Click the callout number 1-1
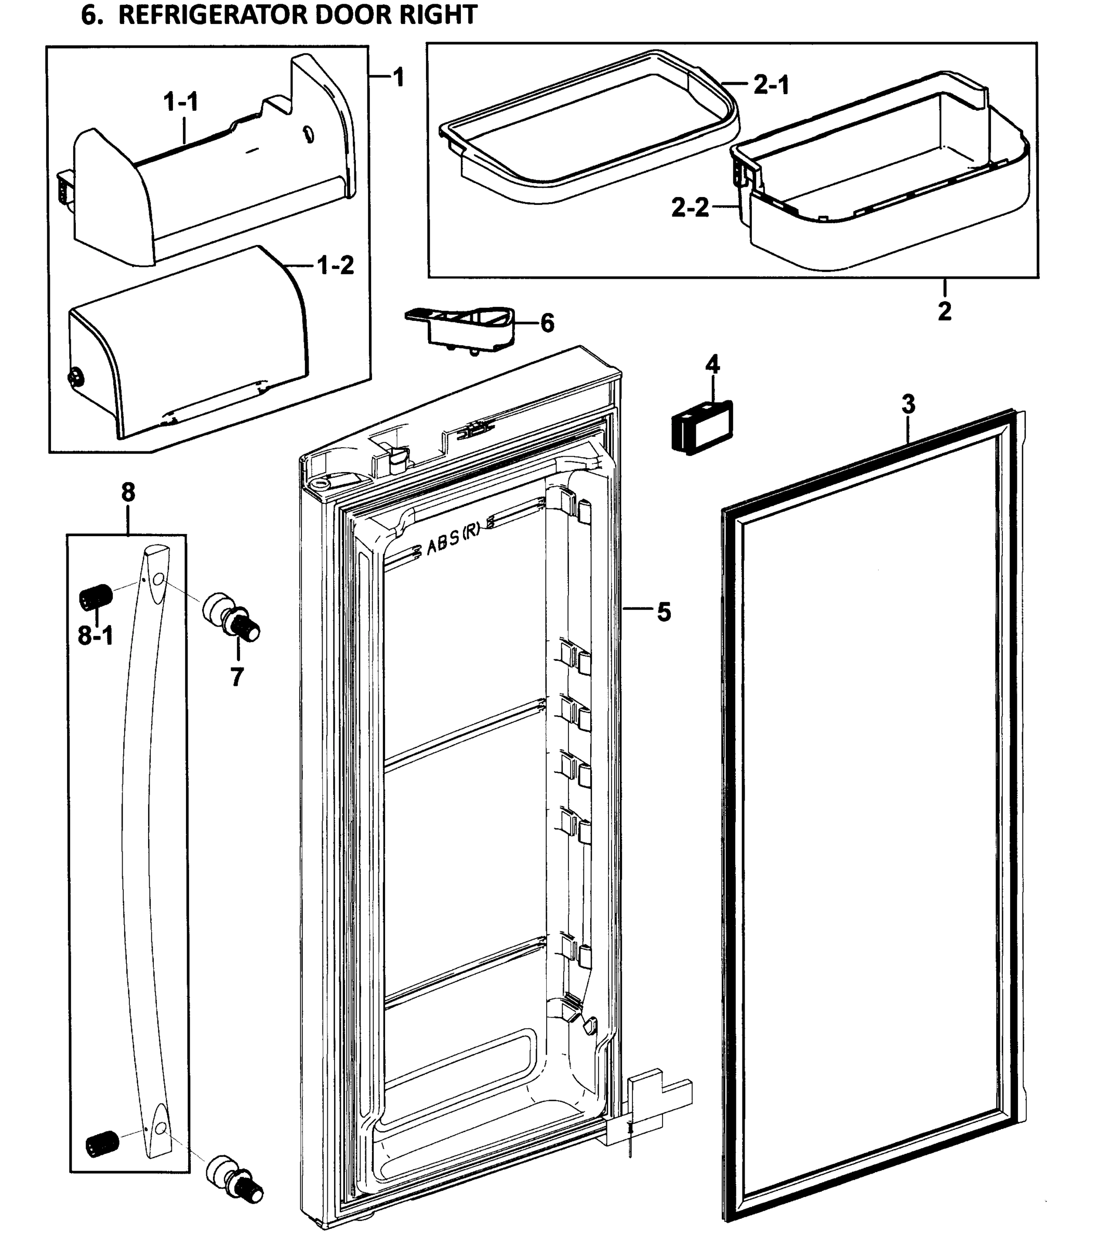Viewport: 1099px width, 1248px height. (x=181, y=102)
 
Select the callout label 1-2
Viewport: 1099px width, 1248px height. (x=336, y=266)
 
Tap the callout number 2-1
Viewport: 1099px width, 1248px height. (x=771, y=85)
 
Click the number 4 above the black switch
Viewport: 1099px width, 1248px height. (x=712, y=365)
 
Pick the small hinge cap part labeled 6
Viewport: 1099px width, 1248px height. (x=464, y=327)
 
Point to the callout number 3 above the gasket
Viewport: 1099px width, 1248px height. (x=908, y=404)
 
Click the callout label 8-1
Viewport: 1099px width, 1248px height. (x=95, y=635)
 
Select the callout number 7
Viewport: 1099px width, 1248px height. (x=237, y=677)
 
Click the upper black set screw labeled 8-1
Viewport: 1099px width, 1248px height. (x=96, y=596)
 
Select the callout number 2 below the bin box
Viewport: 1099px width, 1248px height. (x=944, y=311)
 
